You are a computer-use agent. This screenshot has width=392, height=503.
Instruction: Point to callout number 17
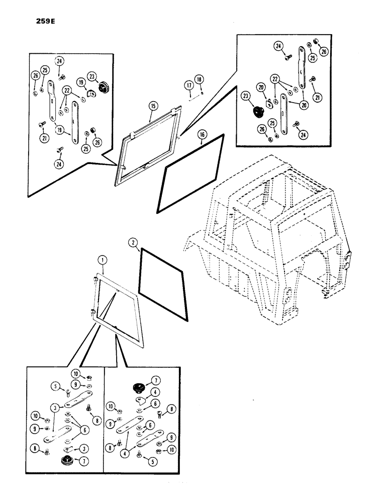[x=189, y=86]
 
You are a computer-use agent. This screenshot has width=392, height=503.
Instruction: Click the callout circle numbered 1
[x=102, y=260]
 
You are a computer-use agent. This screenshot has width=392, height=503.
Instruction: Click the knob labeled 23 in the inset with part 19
[x=105, y=88]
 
